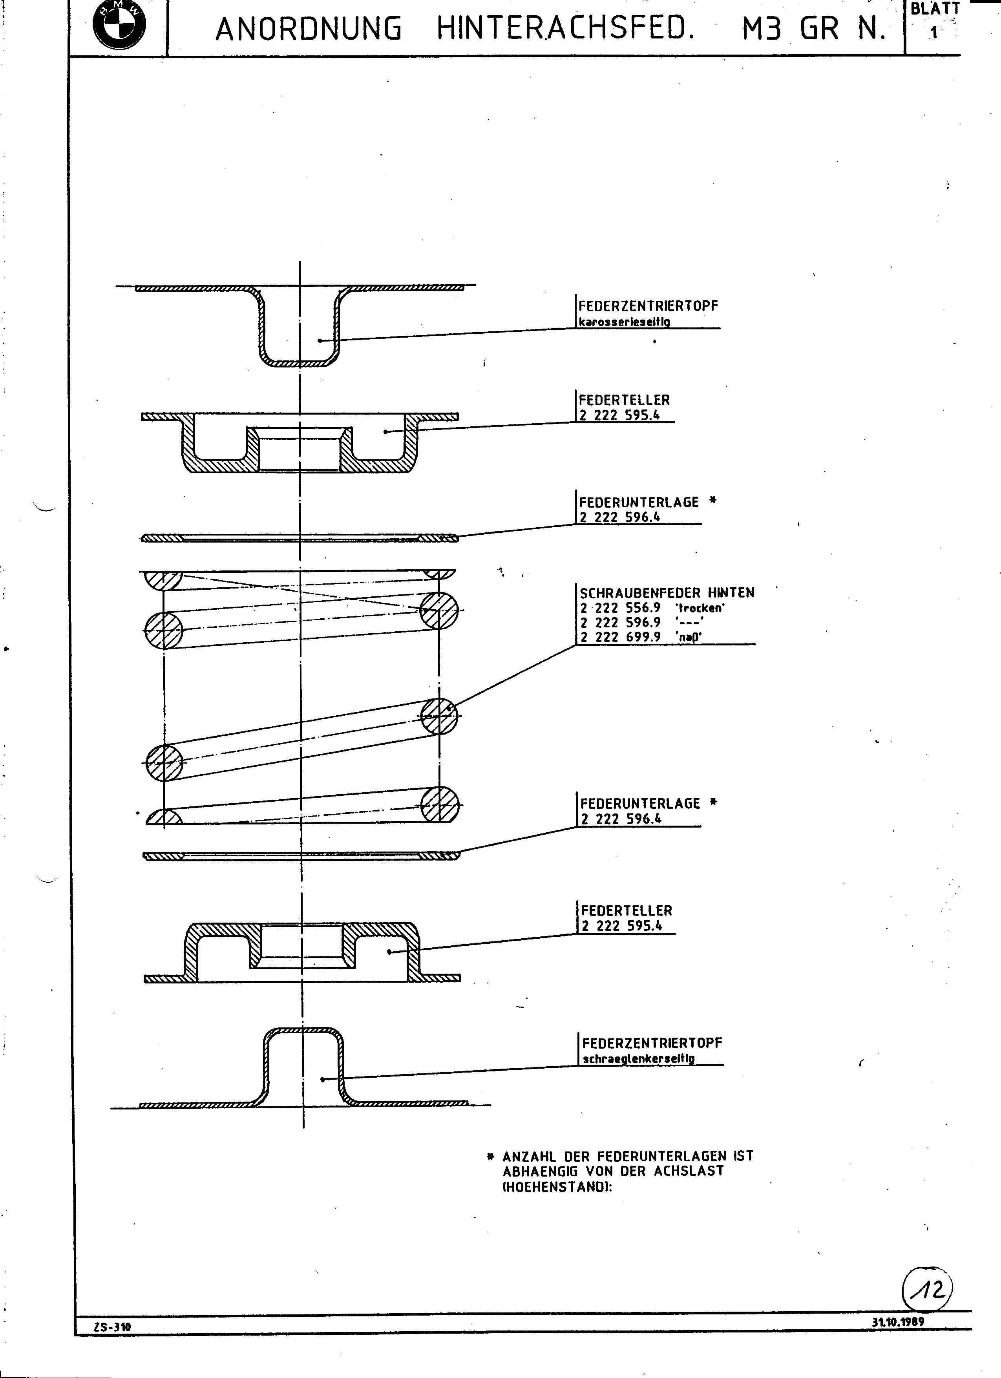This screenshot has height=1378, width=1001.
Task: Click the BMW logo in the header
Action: (120, 25)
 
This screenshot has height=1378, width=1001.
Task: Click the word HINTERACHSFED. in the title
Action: (565, 29)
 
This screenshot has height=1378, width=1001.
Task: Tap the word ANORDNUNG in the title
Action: (309, 29)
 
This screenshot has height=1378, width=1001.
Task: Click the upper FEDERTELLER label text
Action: (625, 400)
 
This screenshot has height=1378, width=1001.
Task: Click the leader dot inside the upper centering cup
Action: (320, 340)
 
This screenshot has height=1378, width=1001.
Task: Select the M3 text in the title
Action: (760, 29)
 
